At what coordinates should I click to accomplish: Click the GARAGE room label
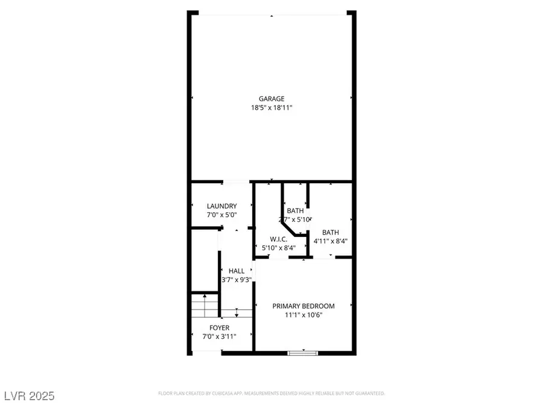(x=271, y=99)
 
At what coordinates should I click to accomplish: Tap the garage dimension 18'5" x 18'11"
(x=271, y=108)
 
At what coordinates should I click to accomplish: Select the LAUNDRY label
(x=221, y=206)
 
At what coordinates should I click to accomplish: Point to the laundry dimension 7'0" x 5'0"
(x=221, y=215)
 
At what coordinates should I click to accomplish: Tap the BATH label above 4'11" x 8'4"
(x=330, y=232)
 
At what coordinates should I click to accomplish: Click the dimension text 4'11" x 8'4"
(x=330, y=241)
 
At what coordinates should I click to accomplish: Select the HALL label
(x=237, y=271)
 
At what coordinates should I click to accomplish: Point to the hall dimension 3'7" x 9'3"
(x=237, y=280)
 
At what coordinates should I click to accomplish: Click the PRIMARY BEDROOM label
(x=303, y=306)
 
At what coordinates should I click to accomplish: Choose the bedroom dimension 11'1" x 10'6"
(x=303, y=315)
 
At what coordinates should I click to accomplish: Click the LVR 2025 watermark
(x=28, y=396)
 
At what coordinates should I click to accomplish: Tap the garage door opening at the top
(x=271, y=14)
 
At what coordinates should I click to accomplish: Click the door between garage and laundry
(x=236, y=181)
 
